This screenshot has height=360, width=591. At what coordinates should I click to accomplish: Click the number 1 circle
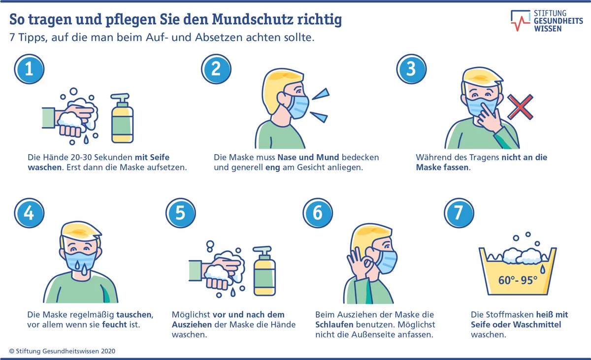tap(29, 69)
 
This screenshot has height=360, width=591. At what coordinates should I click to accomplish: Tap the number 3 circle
tap(411, 69)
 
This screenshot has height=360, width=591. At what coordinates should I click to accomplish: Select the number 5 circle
tap(180, 213)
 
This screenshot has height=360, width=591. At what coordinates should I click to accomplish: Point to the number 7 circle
tap(459, 213)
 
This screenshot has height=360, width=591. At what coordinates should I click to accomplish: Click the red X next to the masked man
tap(520, 107)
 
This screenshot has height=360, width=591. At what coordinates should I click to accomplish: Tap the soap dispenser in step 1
tap(122, 118)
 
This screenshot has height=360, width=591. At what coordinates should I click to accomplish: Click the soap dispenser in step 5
tap(264, 271)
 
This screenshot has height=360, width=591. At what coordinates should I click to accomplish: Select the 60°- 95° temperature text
tap(518, 280)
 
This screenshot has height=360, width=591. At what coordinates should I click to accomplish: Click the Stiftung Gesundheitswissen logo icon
tap(520, 21)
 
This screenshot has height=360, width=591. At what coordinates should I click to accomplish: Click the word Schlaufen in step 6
tap(334, 325)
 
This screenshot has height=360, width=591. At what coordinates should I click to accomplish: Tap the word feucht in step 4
tap(114, 325)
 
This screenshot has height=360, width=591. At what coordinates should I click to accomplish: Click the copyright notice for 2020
tap(62, 351)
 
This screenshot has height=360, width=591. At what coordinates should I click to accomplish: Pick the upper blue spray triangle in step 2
tap(321, 94)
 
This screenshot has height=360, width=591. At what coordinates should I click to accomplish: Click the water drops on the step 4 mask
tap(81, 268)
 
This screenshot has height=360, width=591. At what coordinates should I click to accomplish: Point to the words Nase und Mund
tap(308, 157)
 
